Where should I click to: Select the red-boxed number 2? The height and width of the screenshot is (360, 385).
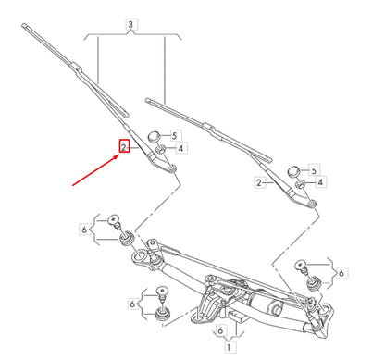tap(122, 146)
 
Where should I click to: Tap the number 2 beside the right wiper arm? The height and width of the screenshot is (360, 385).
tap(258, 184)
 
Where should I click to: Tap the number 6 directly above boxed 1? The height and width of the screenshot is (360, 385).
tap(220, 329)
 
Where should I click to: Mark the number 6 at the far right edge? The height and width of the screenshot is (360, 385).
tap(342, 273)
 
